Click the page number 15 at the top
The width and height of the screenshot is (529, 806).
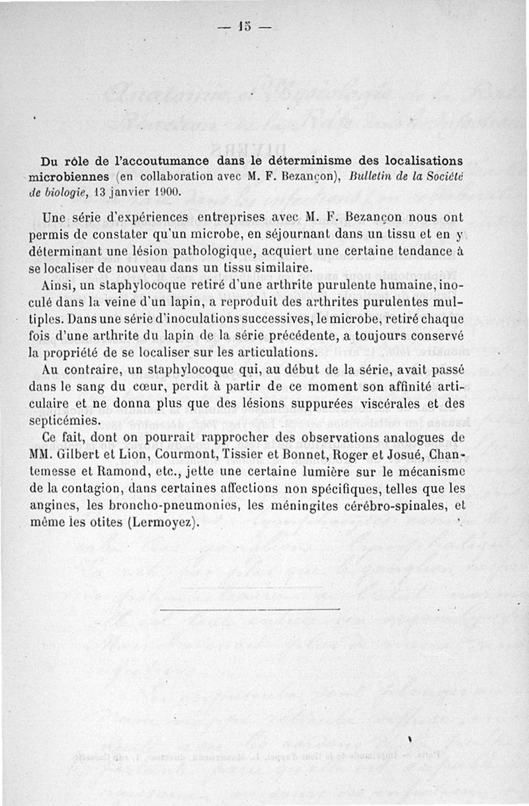245,28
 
